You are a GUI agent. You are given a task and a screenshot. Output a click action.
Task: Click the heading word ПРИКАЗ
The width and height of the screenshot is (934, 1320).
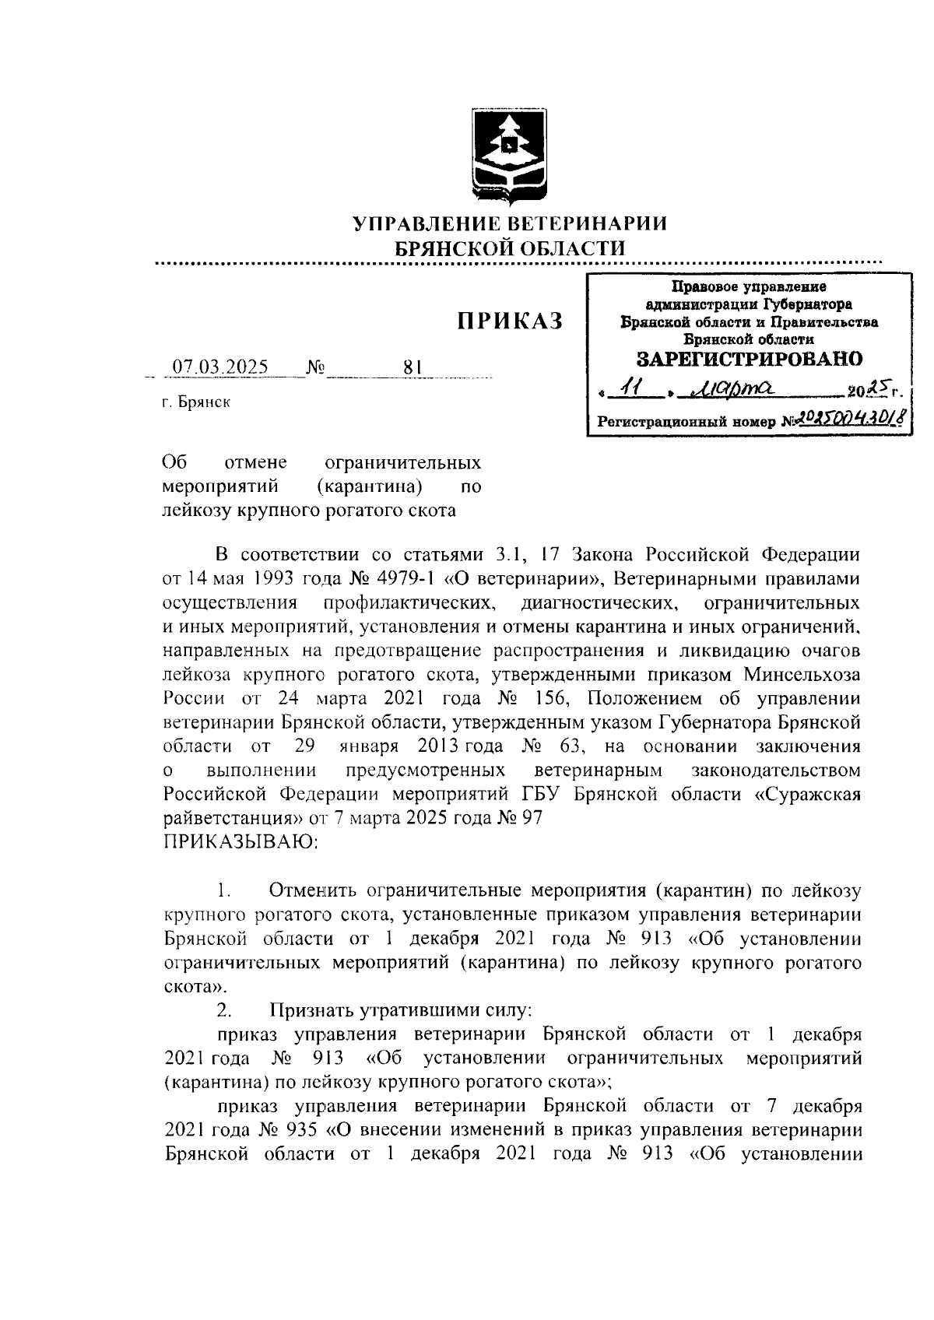click(x=509, y=321)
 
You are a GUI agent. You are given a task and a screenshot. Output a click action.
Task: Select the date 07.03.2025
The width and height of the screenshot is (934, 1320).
click(x=220, y=367)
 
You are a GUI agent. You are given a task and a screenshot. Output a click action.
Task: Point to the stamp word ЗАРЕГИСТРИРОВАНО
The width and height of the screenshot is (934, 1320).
click(x=749, y=359)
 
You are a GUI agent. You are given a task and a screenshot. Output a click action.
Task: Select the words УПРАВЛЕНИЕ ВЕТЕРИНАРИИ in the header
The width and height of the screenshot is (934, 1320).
click(x=510, y=225)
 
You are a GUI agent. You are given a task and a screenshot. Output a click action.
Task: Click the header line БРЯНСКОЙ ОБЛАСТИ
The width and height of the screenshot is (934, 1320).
click(x=510, y=248)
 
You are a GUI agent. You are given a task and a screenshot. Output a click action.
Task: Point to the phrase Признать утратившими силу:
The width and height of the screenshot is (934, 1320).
click(x=401, y=1010)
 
